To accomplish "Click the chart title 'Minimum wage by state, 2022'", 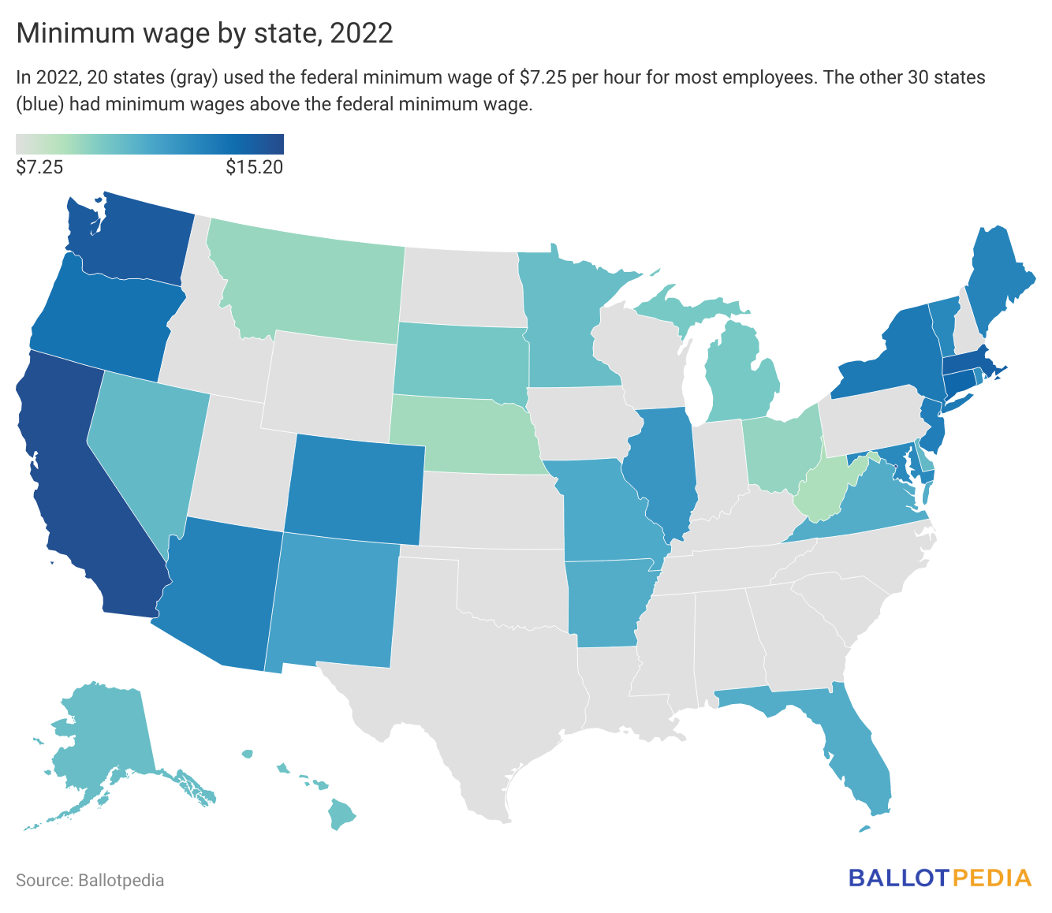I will point(204,33).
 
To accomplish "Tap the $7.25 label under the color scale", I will point(39,167).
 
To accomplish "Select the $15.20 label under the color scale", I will point(254,167).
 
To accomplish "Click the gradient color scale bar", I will point(150,144).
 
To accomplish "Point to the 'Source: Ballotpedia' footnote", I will point(90,880).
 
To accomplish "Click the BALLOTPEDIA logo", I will point(940,878).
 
